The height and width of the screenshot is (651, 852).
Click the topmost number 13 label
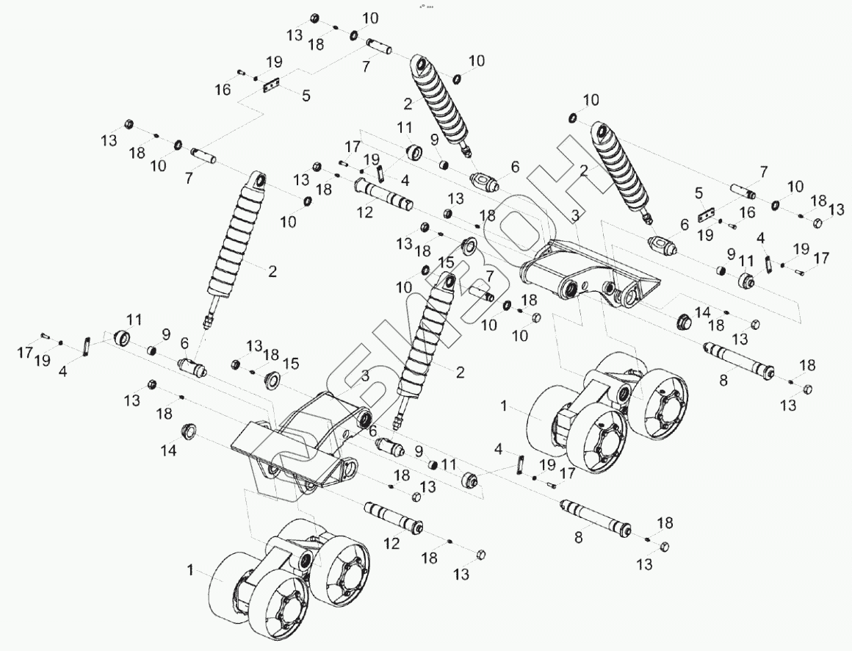coord(295,35)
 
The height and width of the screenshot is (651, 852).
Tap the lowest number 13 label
coord(461,575)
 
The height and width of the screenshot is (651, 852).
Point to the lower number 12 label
coord(391,544)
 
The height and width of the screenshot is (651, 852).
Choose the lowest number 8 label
coord(579,538)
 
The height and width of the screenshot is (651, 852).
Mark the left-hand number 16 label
coord(223,90)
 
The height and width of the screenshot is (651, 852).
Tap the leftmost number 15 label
coord(292,363)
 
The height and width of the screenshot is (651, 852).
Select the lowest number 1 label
coord(190,569)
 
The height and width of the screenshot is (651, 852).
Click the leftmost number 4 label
coord(63,372)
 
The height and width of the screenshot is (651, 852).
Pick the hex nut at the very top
coord(314,19)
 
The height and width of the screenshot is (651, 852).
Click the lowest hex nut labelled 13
coord(482,554)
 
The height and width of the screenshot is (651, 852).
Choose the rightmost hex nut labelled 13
coord(815,223)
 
